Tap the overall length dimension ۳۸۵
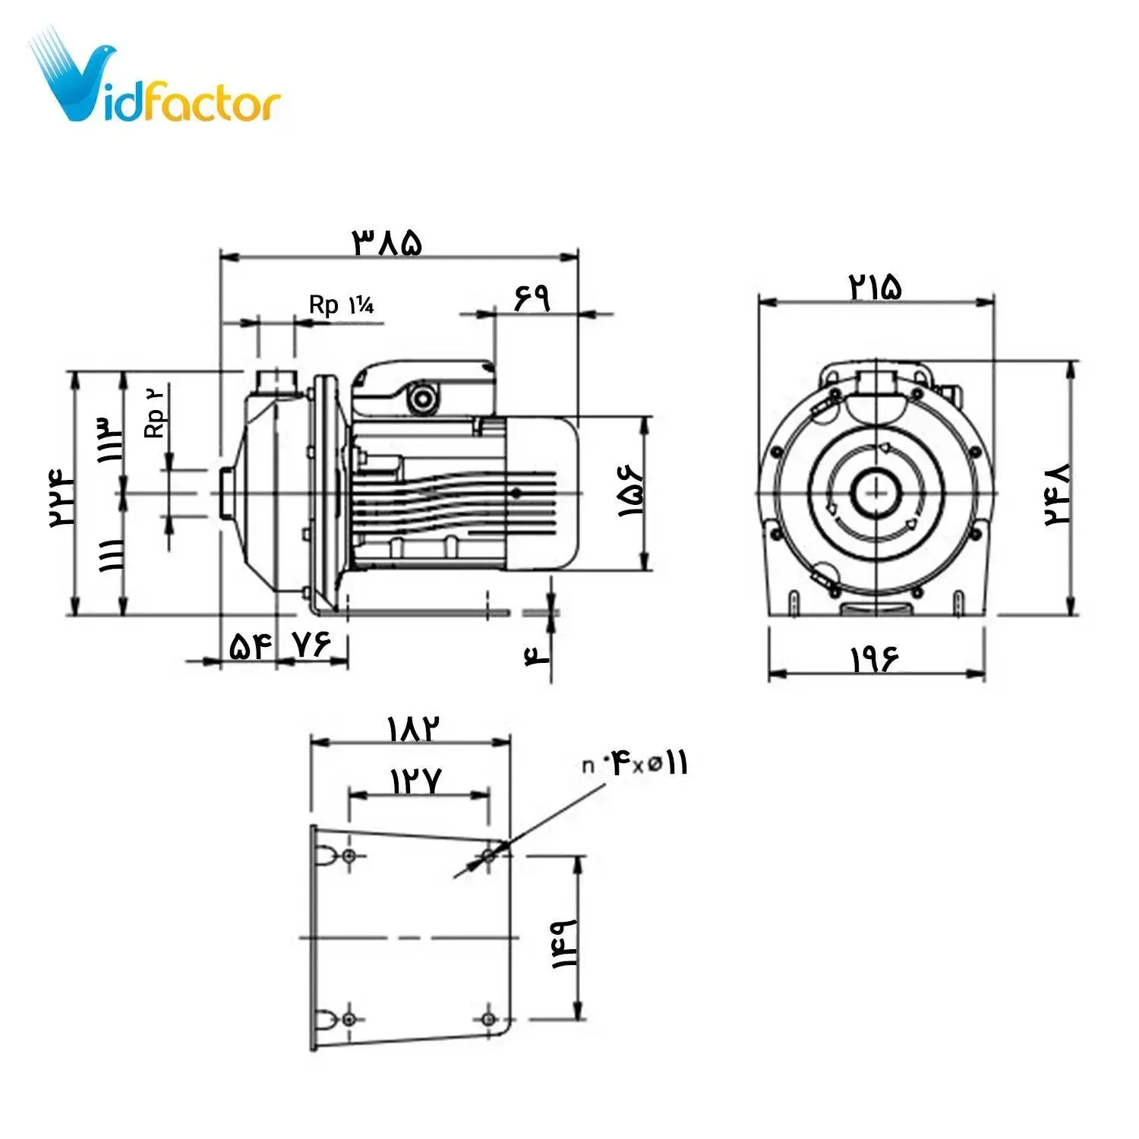tap(387, 242)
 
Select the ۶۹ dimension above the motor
tap(532, 297)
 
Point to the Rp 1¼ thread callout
tap(341, 305)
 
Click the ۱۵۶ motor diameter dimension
tap(631, 493)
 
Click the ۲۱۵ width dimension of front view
tap(875, 286)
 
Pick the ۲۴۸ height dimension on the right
tap(1056, 495)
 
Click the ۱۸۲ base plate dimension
tap(414, 729)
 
